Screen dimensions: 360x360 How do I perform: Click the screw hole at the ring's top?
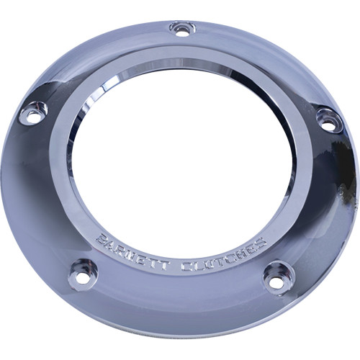182,30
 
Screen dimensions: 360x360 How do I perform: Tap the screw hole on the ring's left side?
33,112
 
